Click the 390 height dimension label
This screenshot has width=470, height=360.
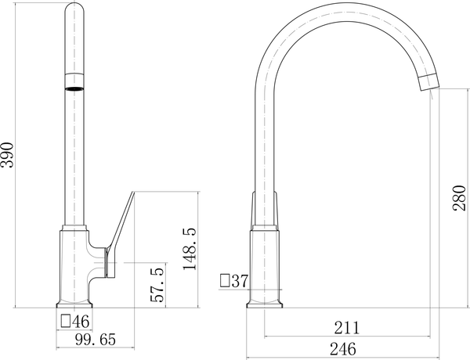tap(7, 155)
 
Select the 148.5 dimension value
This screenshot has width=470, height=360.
tap(190, 249)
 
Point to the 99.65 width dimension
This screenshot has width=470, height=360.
tap(96, 340)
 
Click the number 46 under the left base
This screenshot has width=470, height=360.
tap(81, 322)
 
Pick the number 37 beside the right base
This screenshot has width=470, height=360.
tap(240, 281)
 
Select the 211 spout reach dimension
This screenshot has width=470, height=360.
tap(346, 328)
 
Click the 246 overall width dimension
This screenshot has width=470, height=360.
tap(343, 349)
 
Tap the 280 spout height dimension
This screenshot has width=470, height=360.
tap(460, 198)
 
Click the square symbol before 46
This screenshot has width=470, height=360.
tap(66, 321)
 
